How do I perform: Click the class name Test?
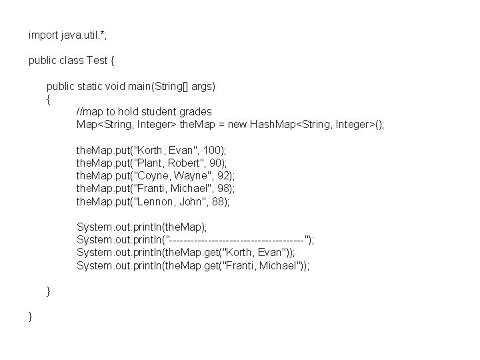[x=98, y=61]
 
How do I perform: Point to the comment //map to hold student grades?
[x=144, y=111]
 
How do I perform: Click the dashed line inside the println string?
[x=238, y=239]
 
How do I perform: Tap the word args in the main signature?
[x=201, y=87]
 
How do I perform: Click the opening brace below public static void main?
[x=48, y=99]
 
